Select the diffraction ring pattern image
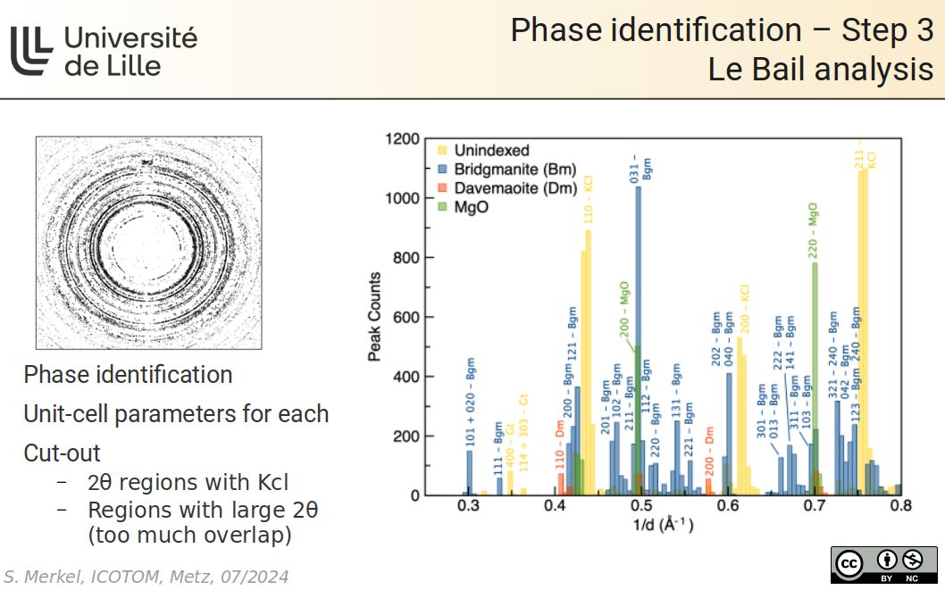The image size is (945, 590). point(148,243)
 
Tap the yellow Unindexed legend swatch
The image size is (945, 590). point(442,150)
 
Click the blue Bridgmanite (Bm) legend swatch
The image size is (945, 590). point(442,170)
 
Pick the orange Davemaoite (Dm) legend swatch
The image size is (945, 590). point(442,188)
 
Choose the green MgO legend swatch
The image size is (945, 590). point(442,207)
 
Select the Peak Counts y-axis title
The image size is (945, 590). point(375,317)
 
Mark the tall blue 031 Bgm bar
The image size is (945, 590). point(638,339)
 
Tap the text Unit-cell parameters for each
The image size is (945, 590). point(176,414)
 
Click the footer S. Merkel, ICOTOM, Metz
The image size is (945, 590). point(146,577)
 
